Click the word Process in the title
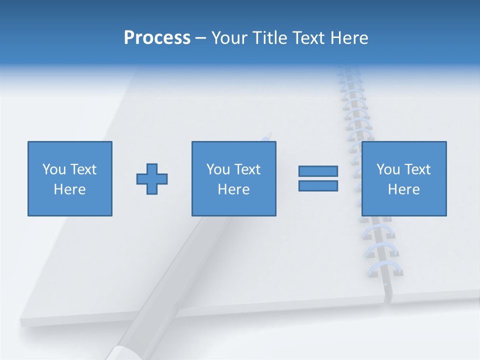point(157,38)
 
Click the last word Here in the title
point(349,38)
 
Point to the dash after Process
point(200,38)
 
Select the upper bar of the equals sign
point(318,171)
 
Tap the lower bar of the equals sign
point(318,186)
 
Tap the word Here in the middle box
point(234,189)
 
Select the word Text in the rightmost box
point(417,169)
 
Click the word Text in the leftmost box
point(83,169)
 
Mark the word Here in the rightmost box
point(404,189)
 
